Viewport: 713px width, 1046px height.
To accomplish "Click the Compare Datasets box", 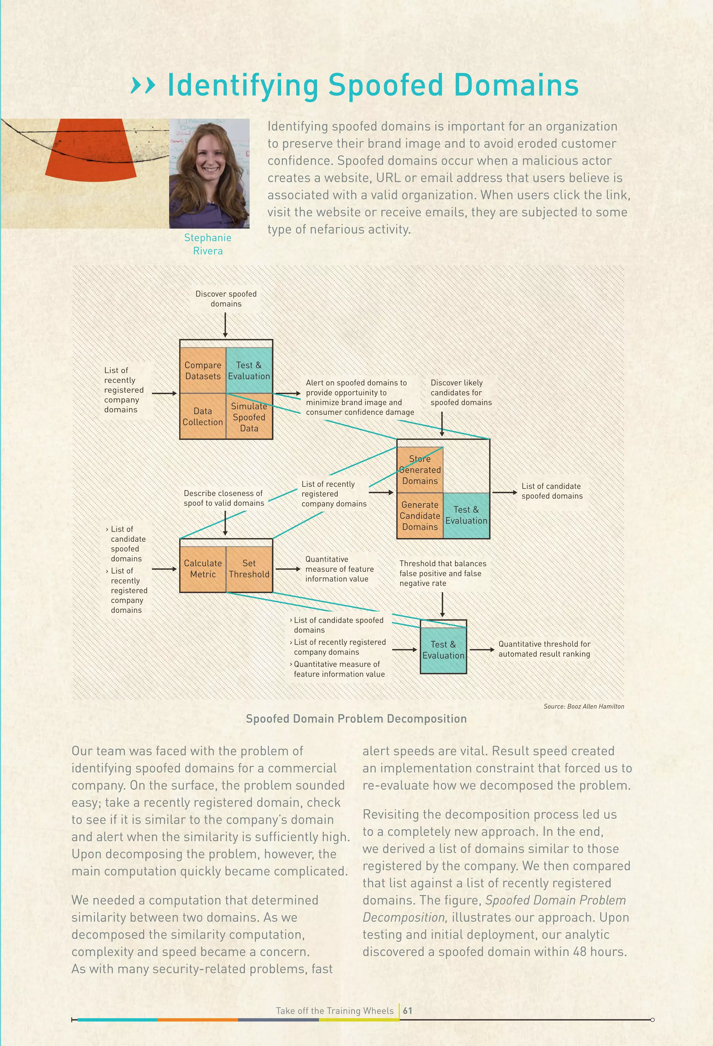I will click(x=203, y=370).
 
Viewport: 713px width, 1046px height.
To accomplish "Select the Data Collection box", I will click(x=203, y=416).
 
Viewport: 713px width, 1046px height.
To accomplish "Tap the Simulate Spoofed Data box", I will click(x=249, y=417).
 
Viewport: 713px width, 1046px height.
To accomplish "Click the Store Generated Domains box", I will click(x=420, y=470).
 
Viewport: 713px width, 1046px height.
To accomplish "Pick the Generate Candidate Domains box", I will click(x=420, y=516).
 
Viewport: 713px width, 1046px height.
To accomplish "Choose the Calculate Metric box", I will click(x=203, y=569).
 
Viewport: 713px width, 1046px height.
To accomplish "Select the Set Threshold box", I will click(x=249, y=569).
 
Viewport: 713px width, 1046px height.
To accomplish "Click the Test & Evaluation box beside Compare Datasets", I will click(x=249, y=370).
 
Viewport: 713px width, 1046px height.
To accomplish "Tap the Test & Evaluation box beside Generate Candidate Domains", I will click(x=466, y=515).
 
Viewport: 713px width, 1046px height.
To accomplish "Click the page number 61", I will click(x=407, y=1010).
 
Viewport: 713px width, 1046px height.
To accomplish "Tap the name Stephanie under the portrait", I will click(x=208, y=237).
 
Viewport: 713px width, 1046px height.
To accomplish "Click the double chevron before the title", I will click(x=143, y=85).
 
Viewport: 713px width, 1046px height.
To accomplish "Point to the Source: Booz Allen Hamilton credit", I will click(x=583, y=706).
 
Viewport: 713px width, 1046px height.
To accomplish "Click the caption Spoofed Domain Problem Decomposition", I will click(x=356, y=719).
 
